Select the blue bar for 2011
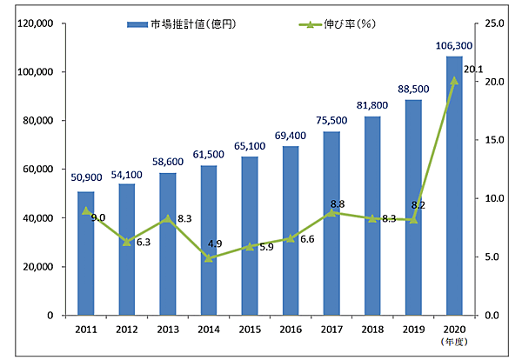point(85,253)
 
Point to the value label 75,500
point(331,122)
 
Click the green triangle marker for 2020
point(453,80)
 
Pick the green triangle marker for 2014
point(208,257)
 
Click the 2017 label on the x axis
point(331,330)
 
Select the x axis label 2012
point(126,330)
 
